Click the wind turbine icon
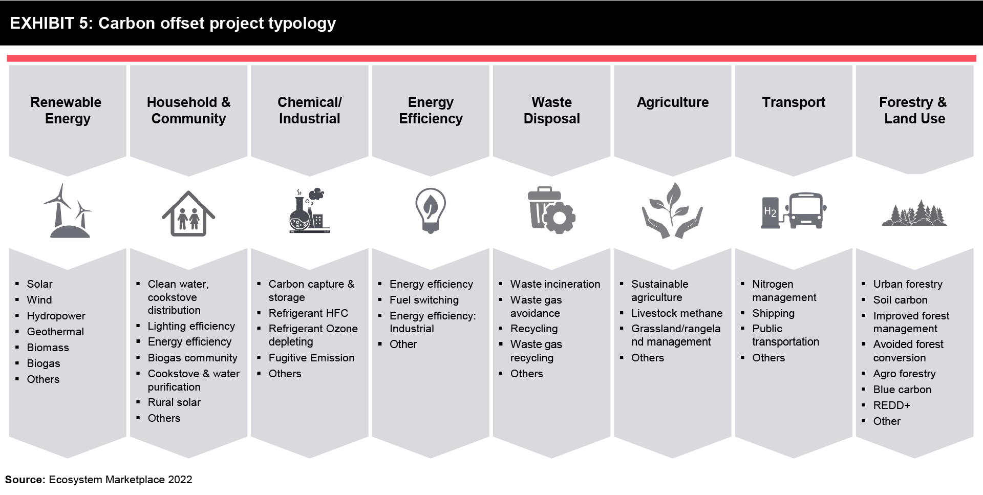coord(68,211)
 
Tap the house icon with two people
coord(188,213)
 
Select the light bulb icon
coord(431,210)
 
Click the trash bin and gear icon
coord(551,210)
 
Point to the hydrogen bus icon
coord(794,210)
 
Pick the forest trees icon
coord(914,213)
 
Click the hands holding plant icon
coord(672,210)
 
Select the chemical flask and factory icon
coord(309,211)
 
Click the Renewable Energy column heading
coord(66,110)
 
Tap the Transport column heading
coord(794,102)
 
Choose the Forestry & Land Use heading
coord(913,110)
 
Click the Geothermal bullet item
coord(55,332)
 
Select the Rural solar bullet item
coord(174,402)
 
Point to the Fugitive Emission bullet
coord(311,358)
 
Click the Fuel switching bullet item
coord(424,300)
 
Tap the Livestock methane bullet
coord(677,313)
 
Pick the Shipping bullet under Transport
coord(773,313)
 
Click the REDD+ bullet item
coord(891,405)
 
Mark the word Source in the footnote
coord(25,480)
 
